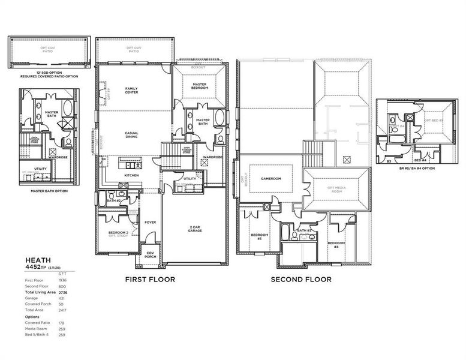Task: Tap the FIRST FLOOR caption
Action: (149, 279)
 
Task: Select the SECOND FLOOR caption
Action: (300, 279)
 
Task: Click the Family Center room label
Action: (131, 91)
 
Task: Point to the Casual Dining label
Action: (131, 135)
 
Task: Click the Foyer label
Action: (150, 222)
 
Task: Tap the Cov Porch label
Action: (151, 254)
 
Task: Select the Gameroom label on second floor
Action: (271, 178)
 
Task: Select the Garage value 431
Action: (62, 298)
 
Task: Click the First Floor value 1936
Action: (62, 280)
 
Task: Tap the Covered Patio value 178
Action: (62, 322)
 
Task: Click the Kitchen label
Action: (131, 175)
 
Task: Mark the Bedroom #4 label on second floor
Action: (336, 245)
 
